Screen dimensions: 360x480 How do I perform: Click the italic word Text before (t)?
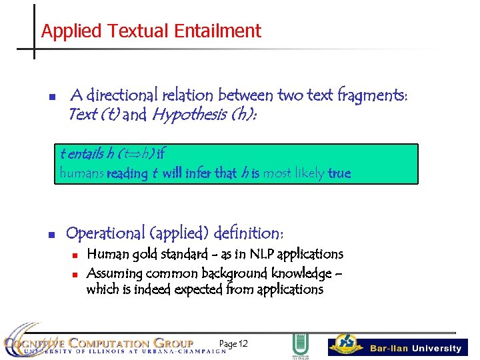tap(83, 114)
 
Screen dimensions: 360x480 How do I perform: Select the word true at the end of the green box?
tap(339, 173)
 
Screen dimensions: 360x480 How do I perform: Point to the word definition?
tap(247, 233)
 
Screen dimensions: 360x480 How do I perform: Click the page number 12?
tap(243, 343)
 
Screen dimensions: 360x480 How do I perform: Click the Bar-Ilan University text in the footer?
tap(415, 348)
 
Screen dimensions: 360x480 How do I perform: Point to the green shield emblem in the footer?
tap(299, 345)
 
